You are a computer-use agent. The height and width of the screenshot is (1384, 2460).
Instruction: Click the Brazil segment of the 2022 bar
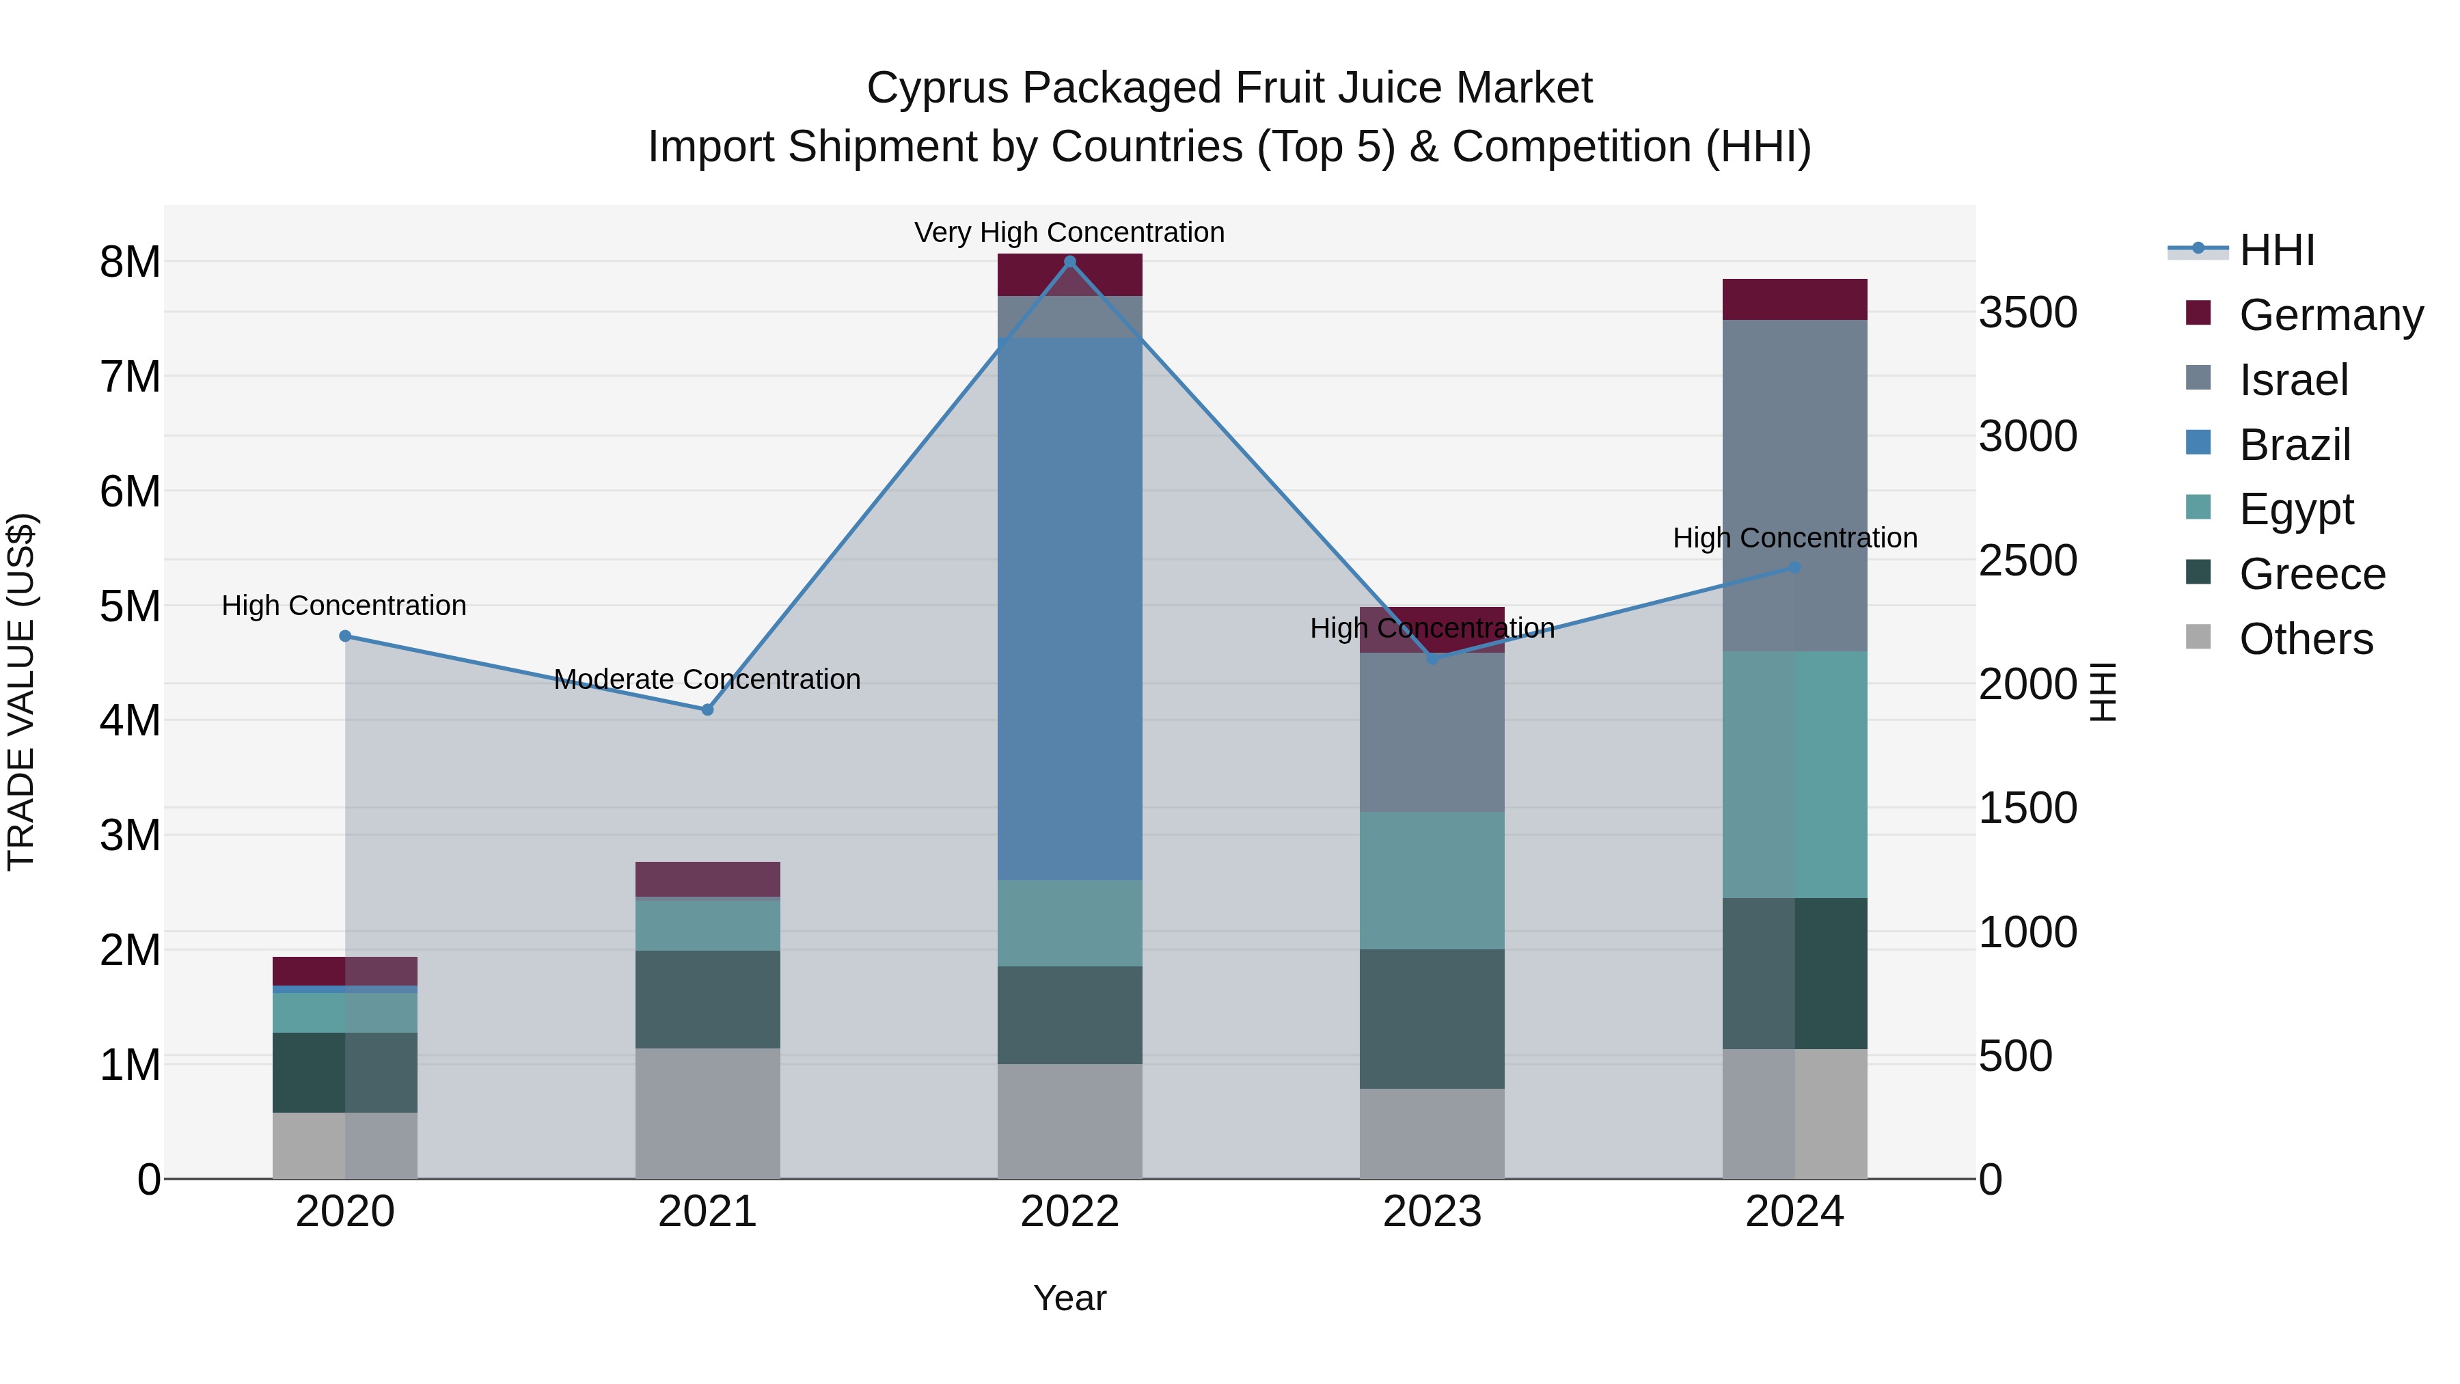point(1069,608)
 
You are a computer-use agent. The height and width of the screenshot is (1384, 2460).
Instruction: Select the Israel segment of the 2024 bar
point(1794,485)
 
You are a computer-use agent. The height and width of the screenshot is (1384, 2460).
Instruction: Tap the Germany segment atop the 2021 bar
point(708,879)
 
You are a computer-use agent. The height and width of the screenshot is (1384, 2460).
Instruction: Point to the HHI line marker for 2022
point(1069,261)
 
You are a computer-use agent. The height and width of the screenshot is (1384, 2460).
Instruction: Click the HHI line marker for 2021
point(708,709)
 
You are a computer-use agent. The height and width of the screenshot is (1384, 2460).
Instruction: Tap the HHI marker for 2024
point(1794,567)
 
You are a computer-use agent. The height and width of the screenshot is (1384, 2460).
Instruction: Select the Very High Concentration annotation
point(1069,232)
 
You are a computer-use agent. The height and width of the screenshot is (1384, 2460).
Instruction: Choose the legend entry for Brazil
point(2294,445)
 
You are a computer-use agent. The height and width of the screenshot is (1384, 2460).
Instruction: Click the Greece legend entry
point(2311,575)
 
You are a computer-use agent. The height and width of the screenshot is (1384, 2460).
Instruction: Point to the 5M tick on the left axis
point(130,606)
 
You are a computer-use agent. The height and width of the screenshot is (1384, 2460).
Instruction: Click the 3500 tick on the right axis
point(2027,312)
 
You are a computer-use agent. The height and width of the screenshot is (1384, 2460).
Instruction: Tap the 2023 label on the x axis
point(1432,1212)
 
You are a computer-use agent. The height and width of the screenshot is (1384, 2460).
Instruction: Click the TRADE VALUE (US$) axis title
point(21,692)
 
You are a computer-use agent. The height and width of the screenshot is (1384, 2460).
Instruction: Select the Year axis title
point(1069,1298)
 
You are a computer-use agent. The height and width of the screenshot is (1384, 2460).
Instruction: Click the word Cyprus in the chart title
point(936,88)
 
